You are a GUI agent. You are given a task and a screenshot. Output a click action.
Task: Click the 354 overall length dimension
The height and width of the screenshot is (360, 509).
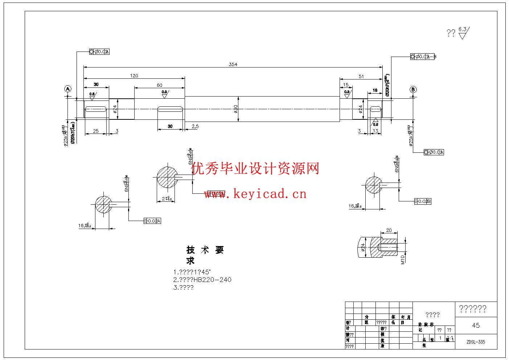233,64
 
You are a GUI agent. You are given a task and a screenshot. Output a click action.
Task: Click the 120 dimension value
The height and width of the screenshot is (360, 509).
134,75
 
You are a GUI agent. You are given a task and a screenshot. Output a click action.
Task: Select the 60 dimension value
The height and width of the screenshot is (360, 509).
160,85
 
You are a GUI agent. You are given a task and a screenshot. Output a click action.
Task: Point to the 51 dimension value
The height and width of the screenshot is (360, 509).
361,76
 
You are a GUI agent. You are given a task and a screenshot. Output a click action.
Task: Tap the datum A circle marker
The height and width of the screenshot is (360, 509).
68,89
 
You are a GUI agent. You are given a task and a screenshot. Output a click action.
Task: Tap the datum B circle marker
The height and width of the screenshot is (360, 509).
413,90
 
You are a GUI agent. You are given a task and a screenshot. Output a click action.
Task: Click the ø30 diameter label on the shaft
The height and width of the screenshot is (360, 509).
236,109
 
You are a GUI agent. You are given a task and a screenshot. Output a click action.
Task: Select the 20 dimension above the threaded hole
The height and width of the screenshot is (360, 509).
389,230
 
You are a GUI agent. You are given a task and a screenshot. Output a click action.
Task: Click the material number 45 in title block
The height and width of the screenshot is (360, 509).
476,326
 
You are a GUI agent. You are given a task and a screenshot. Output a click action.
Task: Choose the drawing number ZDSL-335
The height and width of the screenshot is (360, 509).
476,342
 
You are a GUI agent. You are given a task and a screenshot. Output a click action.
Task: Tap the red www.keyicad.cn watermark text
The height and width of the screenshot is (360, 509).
255,194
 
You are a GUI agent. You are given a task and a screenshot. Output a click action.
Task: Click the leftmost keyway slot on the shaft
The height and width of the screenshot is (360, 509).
96,109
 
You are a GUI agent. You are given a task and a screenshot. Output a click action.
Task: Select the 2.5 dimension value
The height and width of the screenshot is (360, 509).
195,126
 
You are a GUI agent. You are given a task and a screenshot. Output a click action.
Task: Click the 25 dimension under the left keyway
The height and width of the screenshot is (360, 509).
95,131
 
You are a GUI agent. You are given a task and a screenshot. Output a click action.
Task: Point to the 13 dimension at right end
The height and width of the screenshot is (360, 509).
375,131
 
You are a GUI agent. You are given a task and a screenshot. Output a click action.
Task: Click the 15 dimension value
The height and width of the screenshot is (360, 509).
345,85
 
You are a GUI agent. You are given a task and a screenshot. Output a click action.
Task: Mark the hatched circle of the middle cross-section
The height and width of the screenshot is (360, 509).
167,177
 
